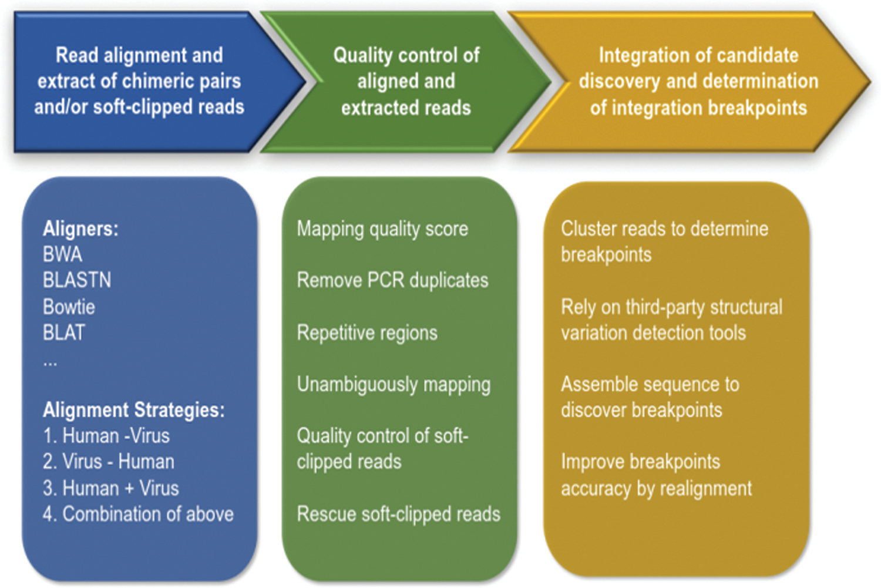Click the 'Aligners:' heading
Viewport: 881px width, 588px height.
(x=80, y=229)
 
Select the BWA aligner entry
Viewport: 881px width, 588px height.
(x=62, y=254)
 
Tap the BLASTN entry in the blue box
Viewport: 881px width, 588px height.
(x=77, y=280)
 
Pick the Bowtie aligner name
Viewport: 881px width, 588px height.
(x=69, y=307)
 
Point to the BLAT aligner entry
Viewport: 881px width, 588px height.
(x=64, y=332)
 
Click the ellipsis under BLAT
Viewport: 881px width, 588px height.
(x=50, y=362)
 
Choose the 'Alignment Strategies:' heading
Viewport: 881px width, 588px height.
(x=133, y=409)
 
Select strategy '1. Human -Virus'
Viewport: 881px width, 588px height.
(x=106, y=436)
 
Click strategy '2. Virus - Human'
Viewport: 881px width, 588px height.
(x=109, y=462)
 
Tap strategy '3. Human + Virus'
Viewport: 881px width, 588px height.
(x=111, y=488)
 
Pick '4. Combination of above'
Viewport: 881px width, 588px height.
(x=138, y=514)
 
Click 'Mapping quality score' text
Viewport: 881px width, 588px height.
(x=382, y=229)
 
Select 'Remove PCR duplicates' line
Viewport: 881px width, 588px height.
(x=392, y=280)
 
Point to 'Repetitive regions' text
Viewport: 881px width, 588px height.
(x=367, y=332)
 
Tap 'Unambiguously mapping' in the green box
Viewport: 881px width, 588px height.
(x=394, y=384)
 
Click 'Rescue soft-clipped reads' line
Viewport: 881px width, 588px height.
(x=398, y=514)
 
